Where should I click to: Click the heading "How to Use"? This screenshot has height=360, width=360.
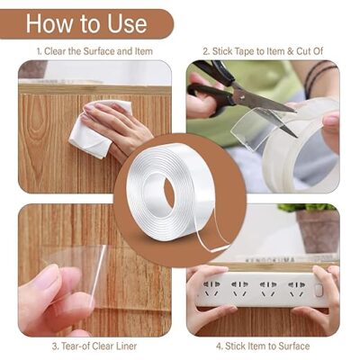86,23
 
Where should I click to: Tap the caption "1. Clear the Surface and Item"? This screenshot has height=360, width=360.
94,51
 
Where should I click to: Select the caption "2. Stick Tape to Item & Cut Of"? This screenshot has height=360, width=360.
263,51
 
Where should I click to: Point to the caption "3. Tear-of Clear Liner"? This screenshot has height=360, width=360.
94,346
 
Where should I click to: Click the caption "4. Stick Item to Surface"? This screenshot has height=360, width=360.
263,346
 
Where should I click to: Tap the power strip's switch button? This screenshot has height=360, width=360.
319,290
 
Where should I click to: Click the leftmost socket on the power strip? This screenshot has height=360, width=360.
211,289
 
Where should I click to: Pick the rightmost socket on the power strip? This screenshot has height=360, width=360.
296,289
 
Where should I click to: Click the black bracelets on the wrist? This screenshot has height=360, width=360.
319,75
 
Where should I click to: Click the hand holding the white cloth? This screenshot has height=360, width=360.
120,126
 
